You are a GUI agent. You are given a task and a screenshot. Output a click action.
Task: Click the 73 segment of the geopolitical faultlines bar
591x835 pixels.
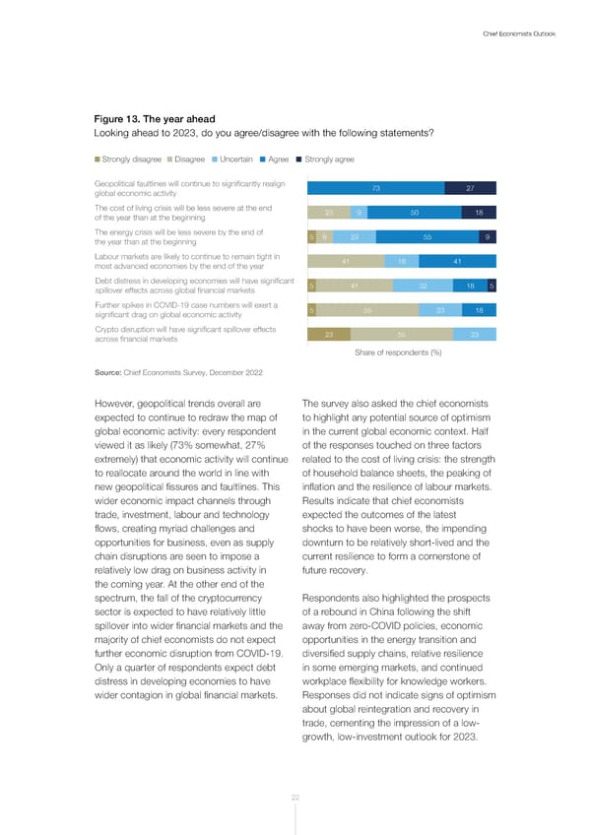(376, 189)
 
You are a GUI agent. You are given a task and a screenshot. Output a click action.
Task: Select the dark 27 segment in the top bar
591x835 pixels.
(470, 189)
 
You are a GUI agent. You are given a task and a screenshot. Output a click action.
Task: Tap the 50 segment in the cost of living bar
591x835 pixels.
(416, 213)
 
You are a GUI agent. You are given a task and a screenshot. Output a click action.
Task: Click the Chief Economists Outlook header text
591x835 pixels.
(519, 34)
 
